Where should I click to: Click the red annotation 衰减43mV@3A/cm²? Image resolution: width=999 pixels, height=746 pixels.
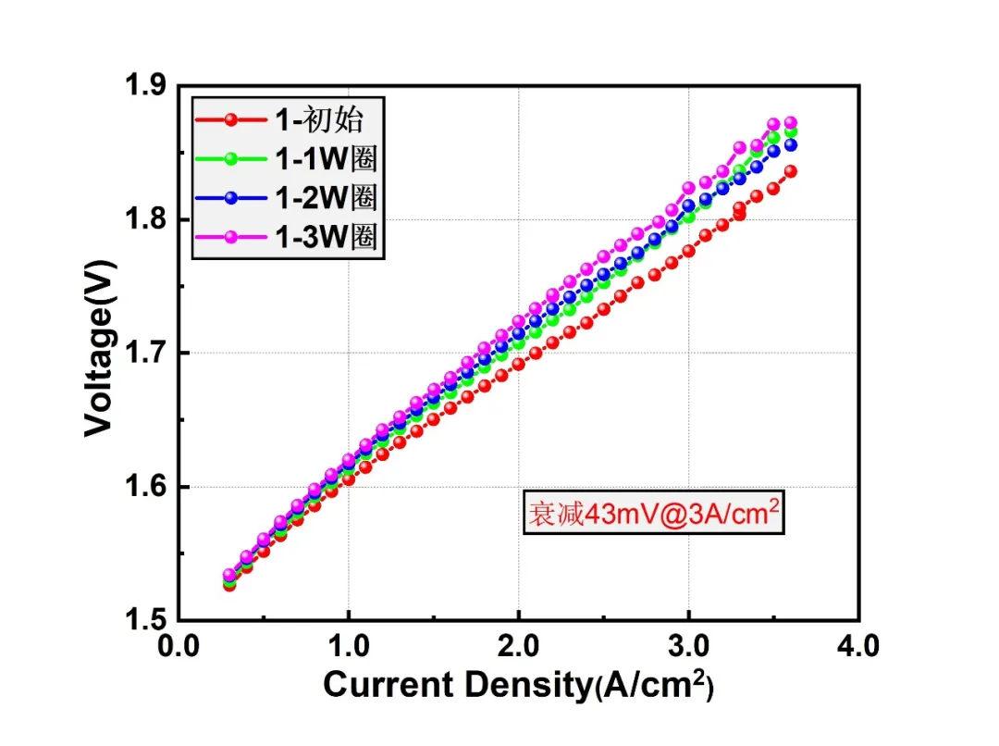point(654,512)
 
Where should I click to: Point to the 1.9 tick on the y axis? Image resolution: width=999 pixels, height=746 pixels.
point(145,85)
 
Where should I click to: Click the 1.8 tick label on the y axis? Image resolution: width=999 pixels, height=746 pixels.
point(145,218)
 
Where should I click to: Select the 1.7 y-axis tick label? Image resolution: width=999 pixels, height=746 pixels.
point(145,353)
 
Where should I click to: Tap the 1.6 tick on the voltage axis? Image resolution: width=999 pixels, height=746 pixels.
point(145,487)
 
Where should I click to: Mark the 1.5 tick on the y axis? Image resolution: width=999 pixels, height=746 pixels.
point(145,620)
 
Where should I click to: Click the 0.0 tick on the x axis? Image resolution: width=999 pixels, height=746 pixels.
point(179,646)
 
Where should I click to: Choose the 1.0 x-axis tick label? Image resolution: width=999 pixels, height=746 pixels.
point(349,646)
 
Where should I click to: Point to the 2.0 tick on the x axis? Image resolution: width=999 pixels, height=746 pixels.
point(519,646)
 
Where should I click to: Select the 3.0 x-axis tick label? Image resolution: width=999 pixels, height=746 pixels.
point(689,646)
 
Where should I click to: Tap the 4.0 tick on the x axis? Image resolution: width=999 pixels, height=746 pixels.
point(858,646)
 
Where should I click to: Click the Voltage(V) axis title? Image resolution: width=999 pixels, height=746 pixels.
point(99,348)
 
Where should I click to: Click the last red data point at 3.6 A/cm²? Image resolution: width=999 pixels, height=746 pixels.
point(791,171)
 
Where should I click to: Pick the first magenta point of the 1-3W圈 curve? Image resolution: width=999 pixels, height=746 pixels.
point(229,575)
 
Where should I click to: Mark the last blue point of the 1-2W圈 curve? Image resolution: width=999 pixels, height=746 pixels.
point(791,144)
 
